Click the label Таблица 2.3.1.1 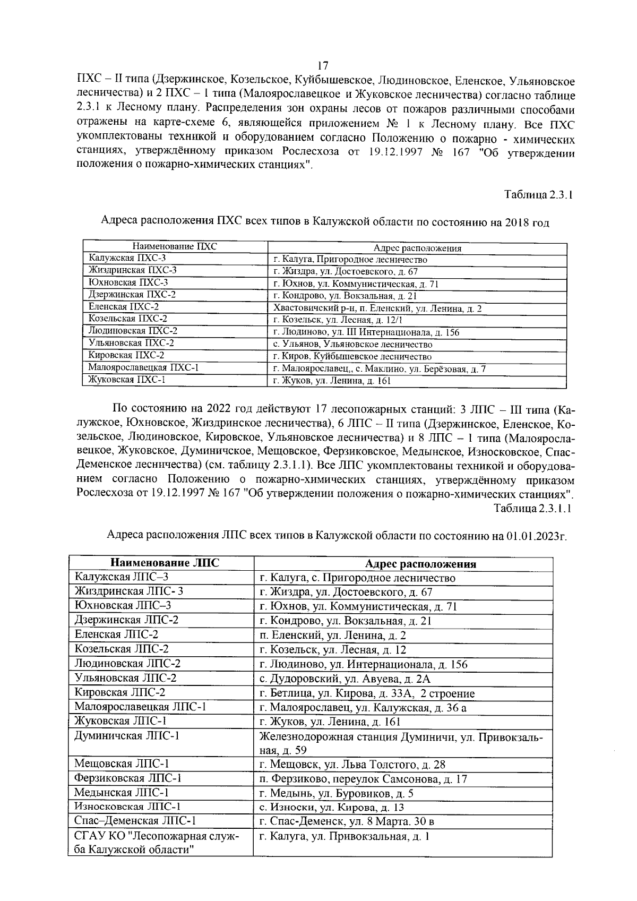[x=532, y=508]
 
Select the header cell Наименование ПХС [x=175, y=247]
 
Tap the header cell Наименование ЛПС [x=164, y=563]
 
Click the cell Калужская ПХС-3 [x=127, y=259]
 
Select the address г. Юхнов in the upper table [x=356, y=284]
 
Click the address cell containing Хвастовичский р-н [x=377, y=308]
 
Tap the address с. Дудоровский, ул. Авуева [x=345, y=679]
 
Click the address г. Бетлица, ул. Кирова [x=367, y=693]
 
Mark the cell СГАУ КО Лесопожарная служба [x=157, y=843]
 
